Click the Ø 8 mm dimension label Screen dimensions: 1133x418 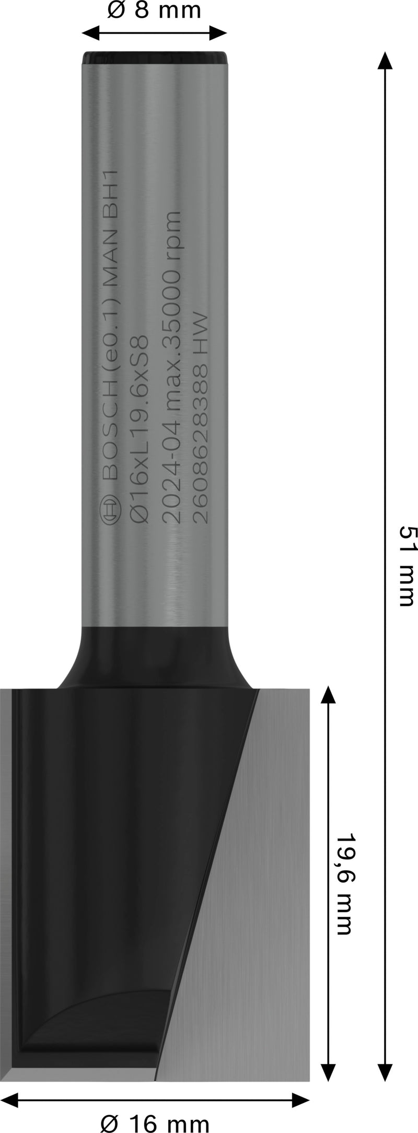point(154,11)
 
